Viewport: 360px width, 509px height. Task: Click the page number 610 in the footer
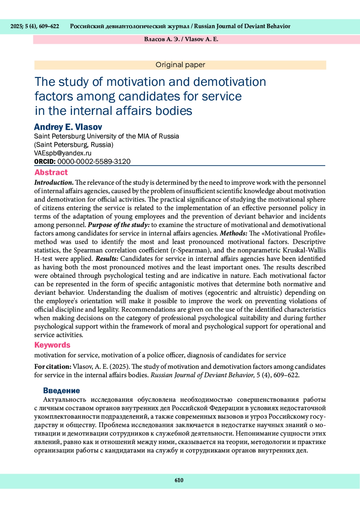click(x=179, y=480)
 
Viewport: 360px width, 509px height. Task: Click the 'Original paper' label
click(x=180, y=65)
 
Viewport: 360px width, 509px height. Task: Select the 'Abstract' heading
click(x=51, y=172)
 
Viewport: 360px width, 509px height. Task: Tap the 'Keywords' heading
click(x=52, y=345)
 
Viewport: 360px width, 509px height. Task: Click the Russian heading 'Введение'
click(x=61, y=391)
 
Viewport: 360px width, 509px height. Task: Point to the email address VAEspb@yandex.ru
click(x=63, y=153)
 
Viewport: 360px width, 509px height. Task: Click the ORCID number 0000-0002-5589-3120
click(x=94, y=161)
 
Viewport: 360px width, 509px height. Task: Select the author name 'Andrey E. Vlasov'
click(x=68, y=127)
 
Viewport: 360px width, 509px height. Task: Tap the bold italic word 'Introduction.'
click(x=54, y=182)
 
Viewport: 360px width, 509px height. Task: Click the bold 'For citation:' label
click(x=53, y=367)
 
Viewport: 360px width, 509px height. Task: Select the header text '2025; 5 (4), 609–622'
click(x=35, y=26)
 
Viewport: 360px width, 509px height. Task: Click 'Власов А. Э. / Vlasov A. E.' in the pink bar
click(x=181, y=39)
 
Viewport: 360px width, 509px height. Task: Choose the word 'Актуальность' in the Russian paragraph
click(x=64, y=400)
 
